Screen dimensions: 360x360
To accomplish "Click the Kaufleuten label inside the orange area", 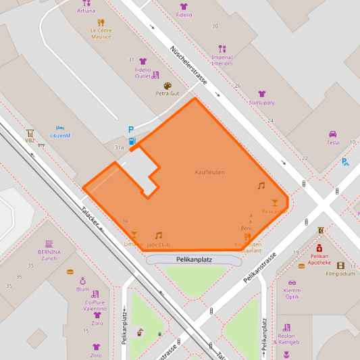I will [209, 172].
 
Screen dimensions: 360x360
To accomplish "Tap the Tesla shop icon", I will [332, 134].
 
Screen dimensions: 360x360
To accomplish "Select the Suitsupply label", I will [261, 103].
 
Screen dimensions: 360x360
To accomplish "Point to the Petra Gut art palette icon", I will [168, 85].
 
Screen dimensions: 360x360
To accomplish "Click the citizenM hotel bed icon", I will [60, 128].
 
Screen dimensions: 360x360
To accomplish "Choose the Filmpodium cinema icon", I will [340, 265].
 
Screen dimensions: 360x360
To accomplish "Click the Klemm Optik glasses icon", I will [292, 284].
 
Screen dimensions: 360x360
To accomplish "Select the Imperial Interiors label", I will [222, 61].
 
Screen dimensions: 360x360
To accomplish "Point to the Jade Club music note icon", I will [159, 235].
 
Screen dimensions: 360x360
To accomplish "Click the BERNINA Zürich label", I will [49, 255].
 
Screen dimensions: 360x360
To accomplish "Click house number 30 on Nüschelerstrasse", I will [215, 26].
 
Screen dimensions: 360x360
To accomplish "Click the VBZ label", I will [30, 140].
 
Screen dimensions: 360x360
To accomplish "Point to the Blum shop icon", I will [83, 280].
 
